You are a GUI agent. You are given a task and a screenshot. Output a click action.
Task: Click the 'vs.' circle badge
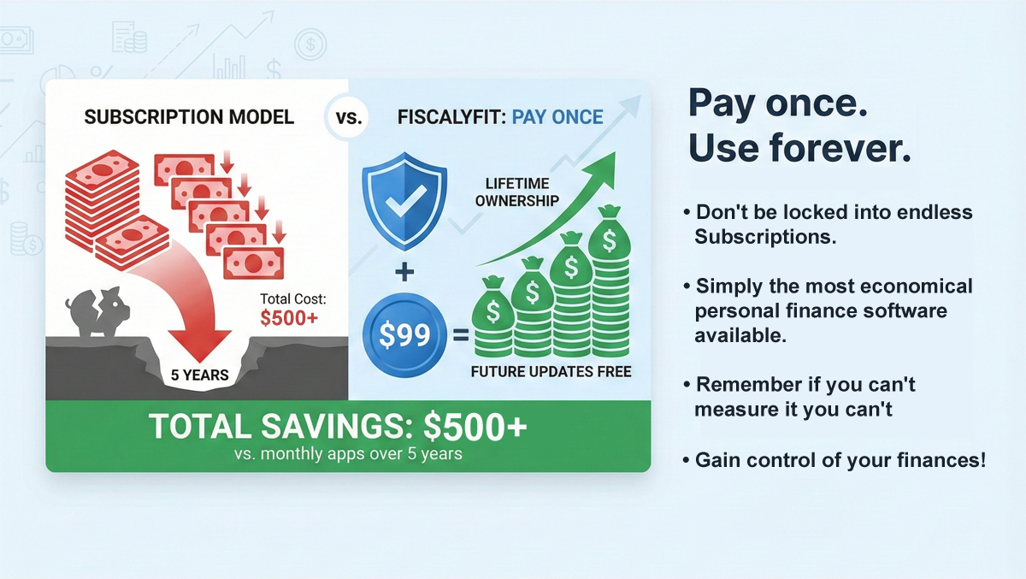349,118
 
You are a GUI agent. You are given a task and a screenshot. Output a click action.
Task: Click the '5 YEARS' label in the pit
201,374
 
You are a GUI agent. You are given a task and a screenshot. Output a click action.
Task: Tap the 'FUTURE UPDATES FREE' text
551,372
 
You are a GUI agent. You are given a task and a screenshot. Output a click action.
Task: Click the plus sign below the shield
404,272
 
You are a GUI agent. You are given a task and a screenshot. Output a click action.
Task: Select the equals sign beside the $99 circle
460,336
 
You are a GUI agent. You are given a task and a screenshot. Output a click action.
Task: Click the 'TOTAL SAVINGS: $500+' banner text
339,427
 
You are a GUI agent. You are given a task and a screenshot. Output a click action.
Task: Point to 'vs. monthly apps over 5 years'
347,453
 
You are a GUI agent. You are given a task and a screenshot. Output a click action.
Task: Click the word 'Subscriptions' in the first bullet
764,237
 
